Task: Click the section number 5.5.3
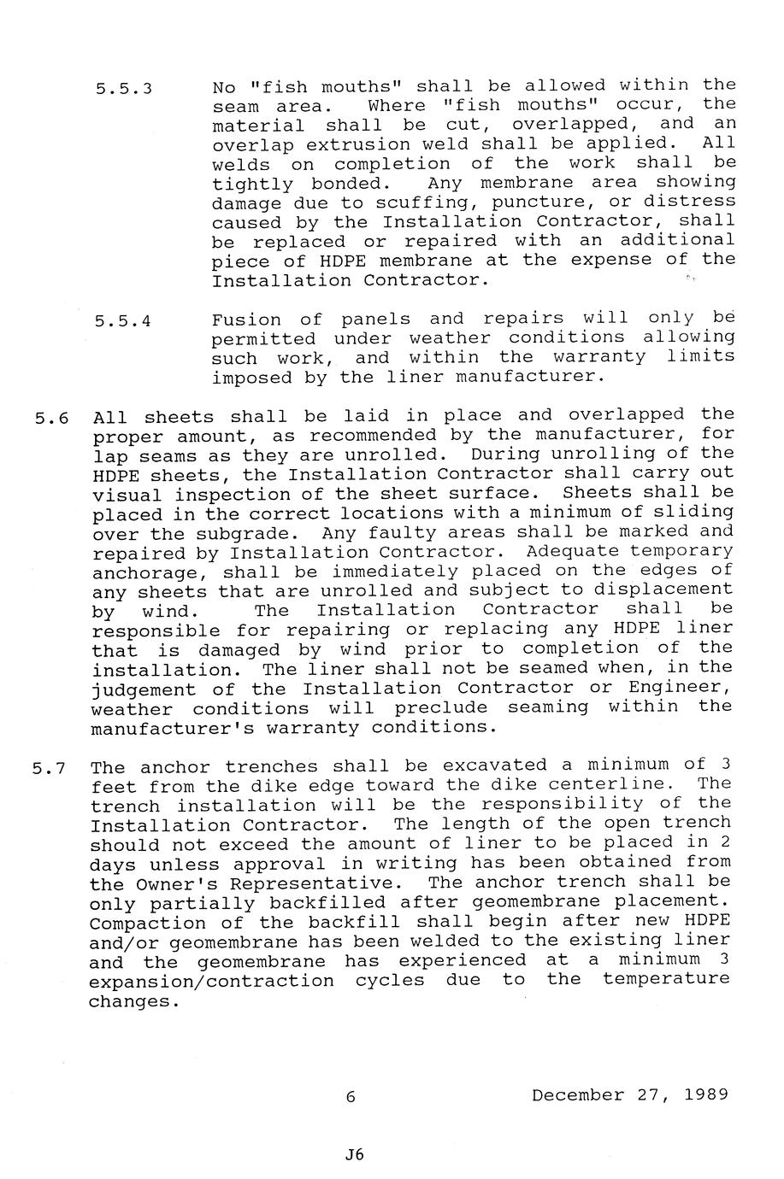coord(124,88)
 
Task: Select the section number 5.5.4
coord(124,322)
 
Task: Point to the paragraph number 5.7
coord(50,768)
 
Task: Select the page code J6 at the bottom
coord(354,1154)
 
